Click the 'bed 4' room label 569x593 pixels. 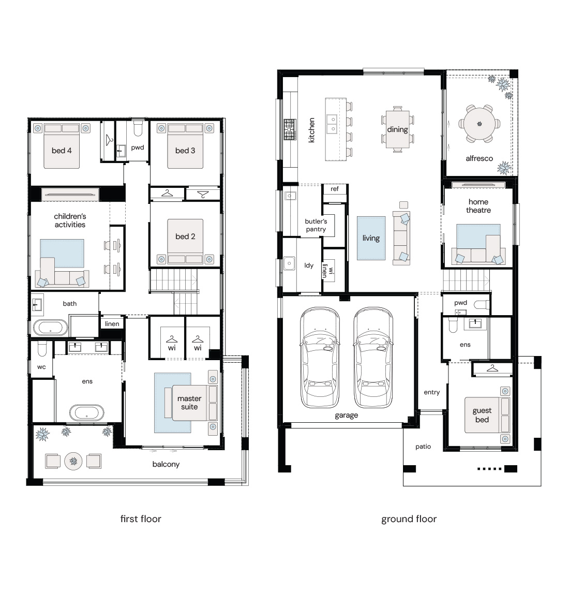pos(62,151)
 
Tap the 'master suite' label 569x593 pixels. pos(189,403)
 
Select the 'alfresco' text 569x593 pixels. pos(479,158)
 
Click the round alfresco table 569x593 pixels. pos(480,124)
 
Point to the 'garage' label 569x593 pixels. pos(347,415)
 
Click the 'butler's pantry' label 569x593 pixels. pos(316,225)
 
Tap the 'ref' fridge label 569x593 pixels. pos(335,189)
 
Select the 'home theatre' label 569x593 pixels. pos(478,206)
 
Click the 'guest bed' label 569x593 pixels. pos(482,415)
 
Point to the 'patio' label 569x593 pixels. pos(423,447)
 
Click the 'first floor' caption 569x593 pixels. pos(141,519)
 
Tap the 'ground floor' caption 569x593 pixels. pos(409,519)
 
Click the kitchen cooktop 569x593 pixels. pos(290,129)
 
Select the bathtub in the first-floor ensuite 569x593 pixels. pos(86,412)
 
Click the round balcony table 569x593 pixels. pos(73,461)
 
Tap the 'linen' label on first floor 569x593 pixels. pos(112,324)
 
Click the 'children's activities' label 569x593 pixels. pos(70,220)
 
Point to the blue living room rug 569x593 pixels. pos(371,238)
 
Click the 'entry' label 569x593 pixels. pos(432,393)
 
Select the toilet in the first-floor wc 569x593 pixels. pos(41,349)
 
